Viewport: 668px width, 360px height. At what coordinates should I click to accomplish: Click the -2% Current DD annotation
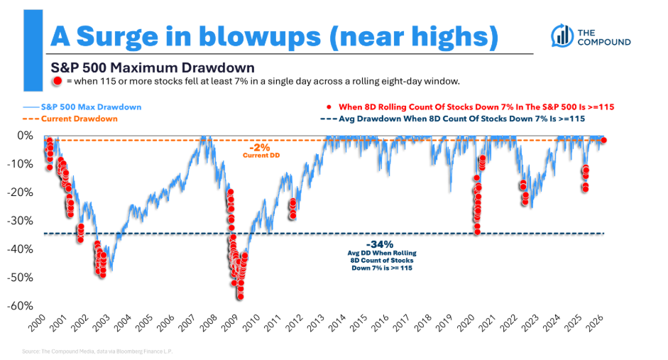coord(261,151)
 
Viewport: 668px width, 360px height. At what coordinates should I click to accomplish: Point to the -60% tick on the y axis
coord(20,306)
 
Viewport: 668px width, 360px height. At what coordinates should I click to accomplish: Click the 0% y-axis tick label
coord(25,136)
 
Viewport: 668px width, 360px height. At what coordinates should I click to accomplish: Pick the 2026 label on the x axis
coord(595,323)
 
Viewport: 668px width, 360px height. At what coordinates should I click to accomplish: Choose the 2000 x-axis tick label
coord(38,323)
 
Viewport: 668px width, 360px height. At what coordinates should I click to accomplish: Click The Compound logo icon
coord(562,36)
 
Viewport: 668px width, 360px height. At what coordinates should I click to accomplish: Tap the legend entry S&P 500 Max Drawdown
coord(82,107)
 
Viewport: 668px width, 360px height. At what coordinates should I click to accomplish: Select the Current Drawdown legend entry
coord(70,119)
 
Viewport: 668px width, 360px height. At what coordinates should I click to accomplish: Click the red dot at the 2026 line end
coord(603,141)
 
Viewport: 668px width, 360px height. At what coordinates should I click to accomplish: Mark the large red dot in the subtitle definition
coord(57,81)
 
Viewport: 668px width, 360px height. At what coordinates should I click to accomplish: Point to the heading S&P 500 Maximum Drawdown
coord(153,67)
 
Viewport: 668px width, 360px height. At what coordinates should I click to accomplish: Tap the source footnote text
coord(97,351)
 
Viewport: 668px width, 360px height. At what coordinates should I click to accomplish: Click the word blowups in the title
coord(259,38)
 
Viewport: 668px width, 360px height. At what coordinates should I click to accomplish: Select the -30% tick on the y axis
coord(20,221)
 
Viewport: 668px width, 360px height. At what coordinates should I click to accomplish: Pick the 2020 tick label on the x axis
coord(466,323)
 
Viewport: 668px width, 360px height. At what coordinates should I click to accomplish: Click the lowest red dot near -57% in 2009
coord(240,297)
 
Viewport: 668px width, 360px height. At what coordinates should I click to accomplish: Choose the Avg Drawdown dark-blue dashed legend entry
coord(452,119)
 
